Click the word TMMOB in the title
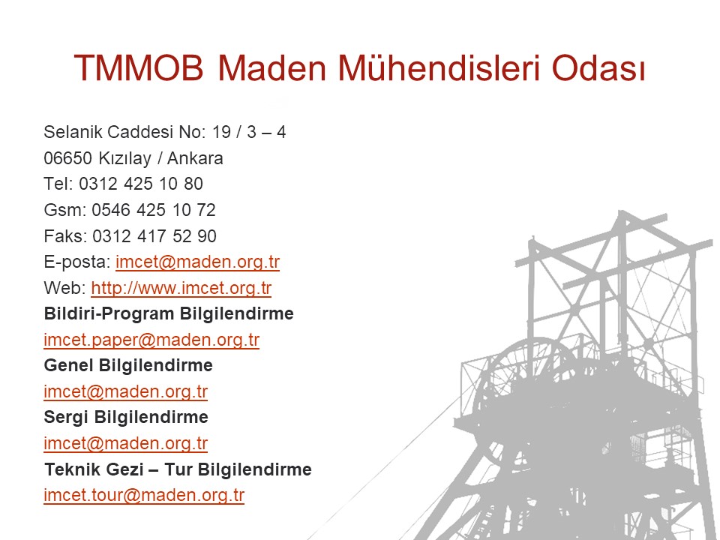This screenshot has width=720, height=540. click(x=138, y=68)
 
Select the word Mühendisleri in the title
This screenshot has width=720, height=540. click(x=439, y=68)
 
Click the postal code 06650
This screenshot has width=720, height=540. click(x=68, y=158)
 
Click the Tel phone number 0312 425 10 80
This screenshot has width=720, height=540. click(x=141, y=184)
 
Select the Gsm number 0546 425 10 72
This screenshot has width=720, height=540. click(x=153, y=210)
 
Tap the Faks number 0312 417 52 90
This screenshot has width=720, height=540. click(x=154, y=236)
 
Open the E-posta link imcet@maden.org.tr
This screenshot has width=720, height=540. click(x=197, y=262)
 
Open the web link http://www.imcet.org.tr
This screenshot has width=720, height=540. click(x=181, y=288)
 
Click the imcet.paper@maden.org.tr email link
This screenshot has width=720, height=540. click(x=151, y=340)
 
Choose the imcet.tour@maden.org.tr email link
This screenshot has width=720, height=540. click(x=144, y=496)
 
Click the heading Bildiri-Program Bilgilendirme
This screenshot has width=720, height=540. click(x=169, y=313)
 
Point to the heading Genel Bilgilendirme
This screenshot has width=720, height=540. click(x=128, y=365)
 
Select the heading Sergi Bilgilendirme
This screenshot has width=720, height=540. click(x=126, y=418)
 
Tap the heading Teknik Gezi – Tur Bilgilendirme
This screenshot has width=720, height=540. click(x=178, y=469)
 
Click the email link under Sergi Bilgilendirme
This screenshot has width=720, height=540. click(x=126, y=443)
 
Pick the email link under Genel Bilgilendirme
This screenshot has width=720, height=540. click(x=126, y=391)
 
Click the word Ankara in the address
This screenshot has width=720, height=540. click(x=195, y=158)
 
